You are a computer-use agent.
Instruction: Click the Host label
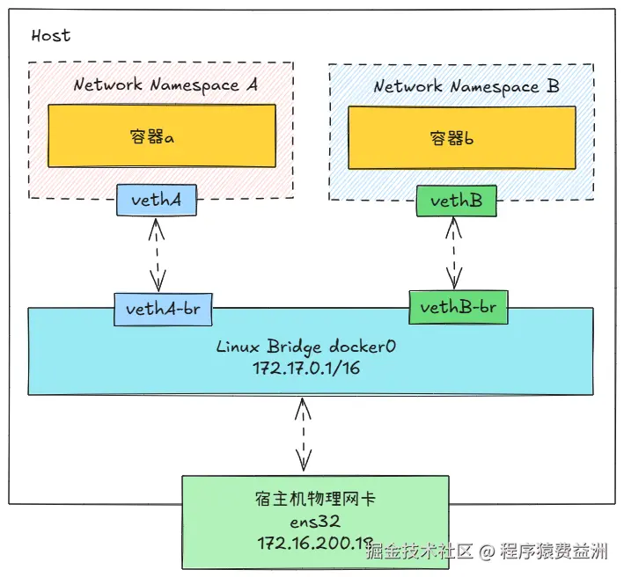(x=50, y=36)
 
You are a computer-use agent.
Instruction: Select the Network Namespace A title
(x=165, y=85)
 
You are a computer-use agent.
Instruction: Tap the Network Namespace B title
(x=466, y=87)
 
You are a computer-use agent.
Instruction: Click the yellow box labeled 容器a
(x=161, y=136)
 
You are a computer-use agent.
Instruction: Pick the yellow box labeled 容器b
(x=461, y=138)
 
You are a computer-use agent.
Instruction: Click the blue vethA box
(x=156, y=201)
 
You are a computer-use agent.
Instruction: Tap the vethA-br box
(x=164, y=309)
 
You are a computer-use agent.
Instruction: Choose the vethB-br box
(x=458, y=307)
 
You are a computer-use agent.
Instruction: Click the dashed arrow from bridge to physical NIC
(x=304, y=435)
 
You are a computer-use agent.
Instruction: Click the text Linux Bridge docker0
(x=306, y=347)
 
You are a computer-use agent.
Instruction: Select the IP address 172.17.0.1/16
(x=306, y=368)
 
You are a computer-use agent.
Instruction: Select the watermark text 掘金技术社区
(x=420, y=552)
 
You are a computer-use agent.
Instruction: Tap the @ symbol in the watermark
(x=487, y=552)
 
